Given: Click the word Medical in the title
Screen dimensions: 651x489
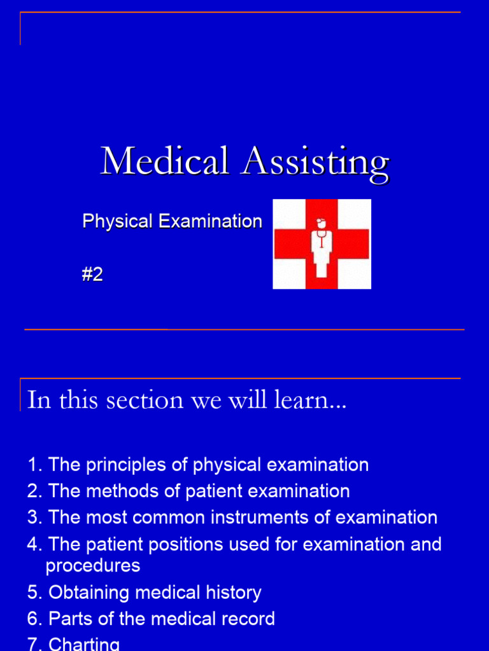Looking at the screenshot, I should [x=164, y=161].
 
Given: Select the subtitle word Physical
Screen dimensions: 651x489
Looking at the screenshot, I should [x=117, y=222].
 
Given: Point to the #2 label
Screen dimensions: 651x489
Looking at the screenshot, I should [x=92, y=275].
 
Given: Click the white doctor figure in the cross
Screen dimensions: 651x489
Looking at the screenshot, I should [x=322, y=251].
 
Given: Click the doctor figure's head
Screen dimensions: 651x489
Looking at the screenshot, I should [x=320, y=224].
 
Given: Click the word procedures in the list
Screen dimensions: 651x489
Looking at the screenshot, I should [x=93, y=566].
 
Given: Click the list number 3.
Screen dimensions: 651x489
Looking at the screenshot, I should [x=32, y=517].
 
